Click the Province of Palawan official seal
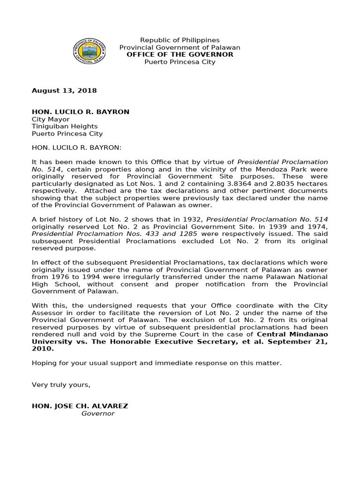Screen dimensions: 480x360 pos(90,51)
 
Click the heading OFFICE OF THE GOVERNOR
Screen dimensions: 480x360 pos(180,55)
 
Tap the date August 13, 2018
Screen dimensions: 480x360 pos(64,90)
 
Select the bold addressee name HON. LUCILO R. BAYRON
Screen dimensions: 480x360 pos(80,112)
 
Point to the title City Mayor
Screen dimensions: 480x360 pos(51,119)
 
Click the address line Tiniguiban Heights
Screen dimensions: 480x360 pos(65,127)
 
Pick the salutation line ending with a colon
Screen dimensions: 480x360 pos(76,148)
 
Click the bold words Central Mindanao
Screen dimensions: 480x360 pos(292,334)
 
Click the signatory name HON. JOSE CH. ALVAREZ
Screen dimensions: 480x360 pos(80,406)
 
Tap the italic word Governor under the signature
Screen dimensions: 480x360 pos(98,413)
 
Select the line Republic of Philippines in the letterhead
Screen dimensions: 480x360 pos(180,40)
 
